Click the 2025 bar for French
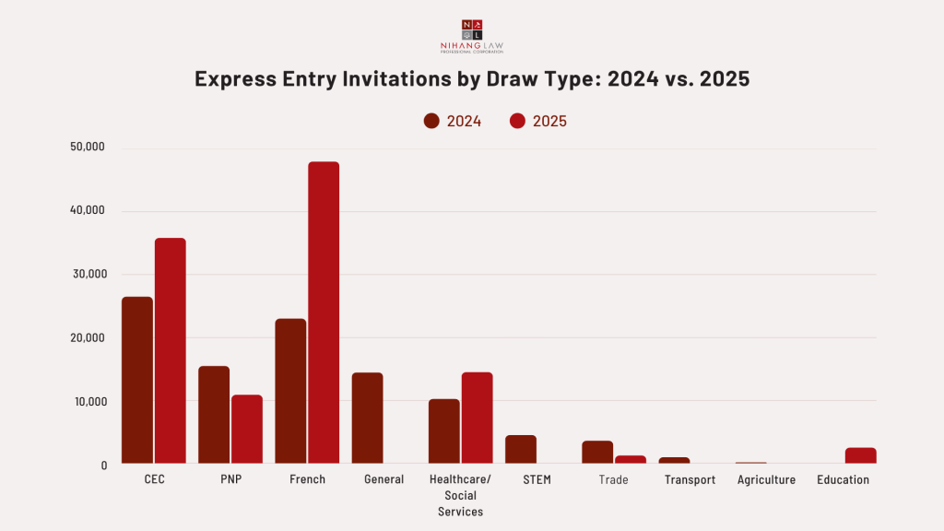(x=324, y=313)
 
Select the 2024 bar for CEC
(x=137, y=380)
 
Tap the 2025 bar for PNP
(x=247, y=429)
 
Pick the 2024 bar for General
(x=367, y=418)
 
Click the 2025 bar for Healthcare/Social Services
(x=477, y=418)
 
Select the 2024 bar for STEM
(x=521, y=449)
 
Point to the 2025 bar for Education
(x=860, y=455)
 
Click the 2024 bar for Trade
(x=597, y=452)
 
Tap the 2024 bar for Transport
(x=674, y=460)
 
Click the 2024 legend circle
(x=431, y=121)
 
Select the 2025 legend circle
(x=517, y=121)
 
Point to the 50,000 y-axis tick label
(x=88, y=147)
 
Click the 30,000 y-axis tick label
(x=88, y=274)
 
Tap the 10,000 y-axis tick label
(x=88, y=401)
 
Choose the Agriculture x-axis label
(x=766, y=480)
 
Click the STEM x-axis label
(x=537, y=480)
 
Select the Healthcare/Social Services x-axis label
(x=460, y=496)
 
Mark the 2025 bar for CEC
(x=171, y=350)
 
